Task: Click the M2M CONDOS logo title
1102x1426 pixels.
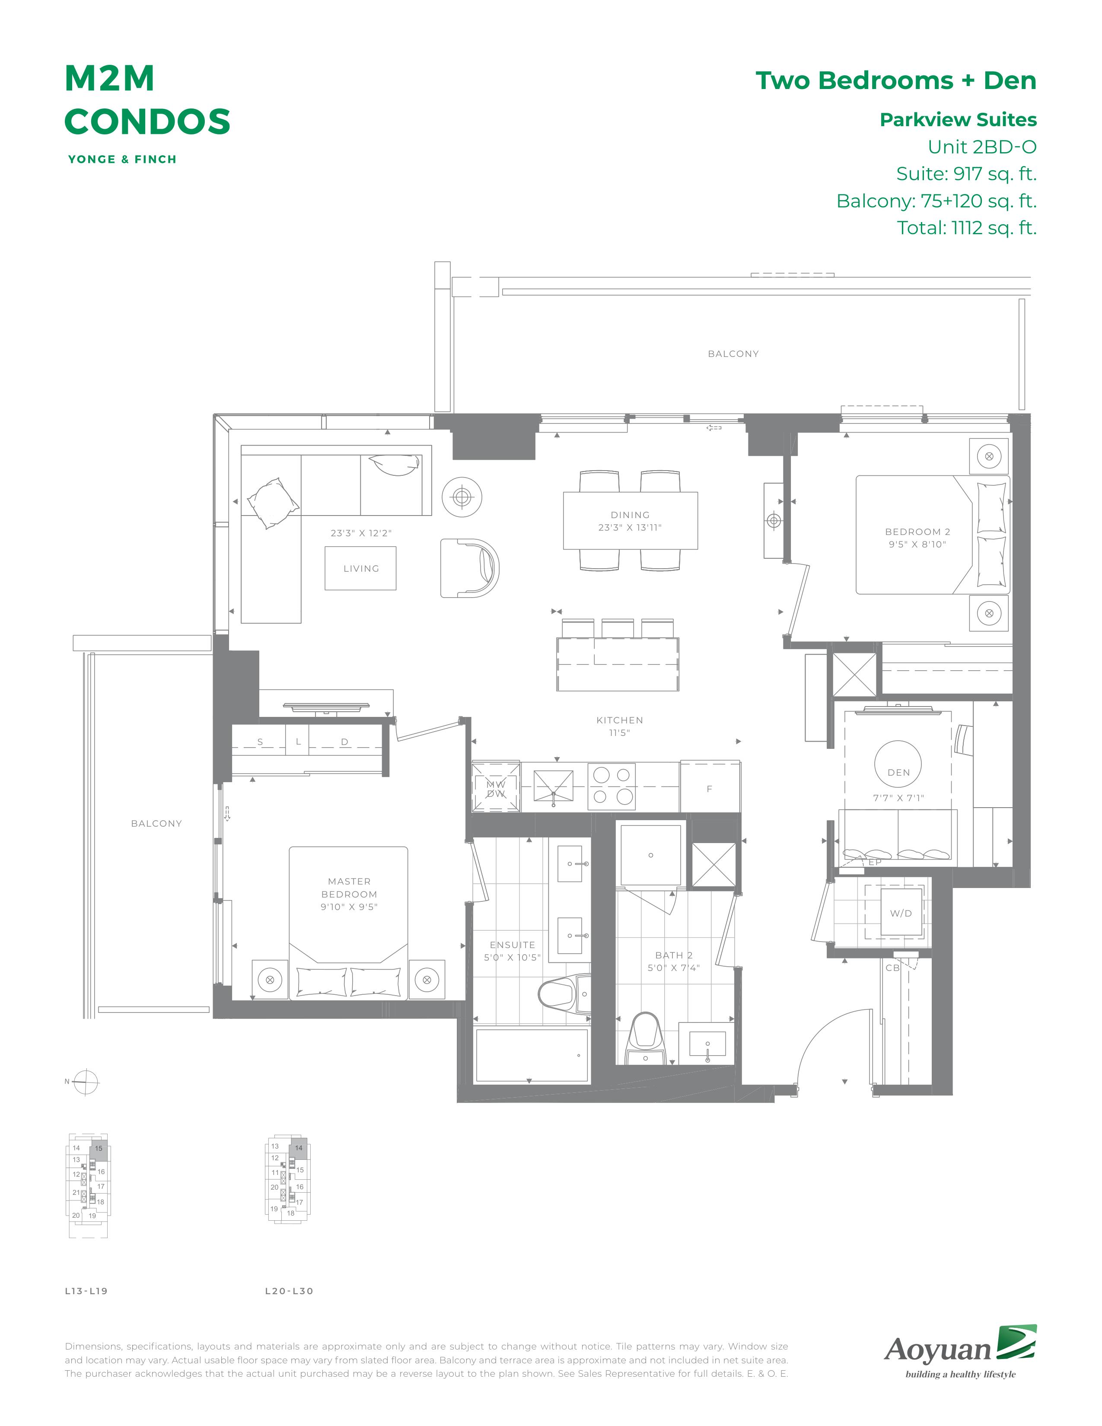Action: (x=147, y=100)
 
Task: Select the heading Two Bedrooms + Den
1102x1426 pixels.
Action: (x=896, y=80)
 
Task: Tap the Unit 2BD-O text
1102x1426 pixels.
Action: (x=982, y=147)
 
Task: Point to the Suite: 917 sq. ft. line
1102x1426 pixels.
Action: (x=966, y=174)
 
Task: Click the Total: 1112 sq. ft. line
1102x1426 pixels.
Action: (x=966, y=228)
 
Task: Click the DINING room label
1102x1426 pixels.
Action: (x=630, y=515)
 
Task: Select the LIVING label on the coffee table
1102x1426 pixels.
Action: (x=361, y=569)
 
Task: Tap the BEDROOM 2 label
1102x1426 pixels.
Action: (x=917, y=532)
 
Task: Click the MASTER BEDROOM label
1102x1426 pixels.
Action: (x=349, y=888)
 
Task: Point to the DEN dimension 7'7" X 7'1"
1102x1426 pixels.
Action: (x=898, y=798)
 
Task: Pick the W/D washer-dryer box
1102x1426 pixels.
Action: (x=901, y=913)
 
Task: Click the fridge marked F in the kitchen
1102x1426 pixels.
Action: (x=710, y=787)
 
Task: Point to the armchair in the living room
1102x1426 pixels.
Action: (x=469, y=567)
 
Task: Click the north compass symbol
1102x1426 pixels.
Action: (x=86, y=1082)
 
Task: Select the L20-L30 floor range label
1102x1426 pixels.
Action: (x=289, y=1291)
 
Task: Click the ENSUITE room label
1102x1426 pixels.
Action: (x=513, y=945)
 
